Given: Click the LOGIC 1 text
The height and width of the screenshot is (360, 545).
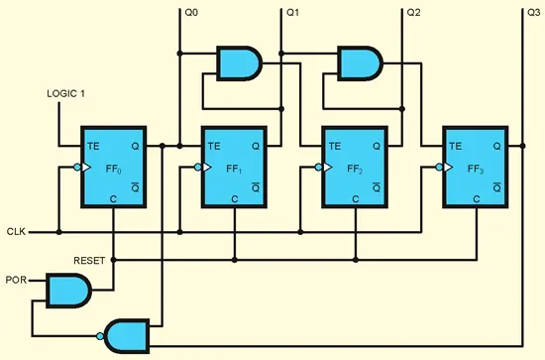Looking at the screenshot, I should coord(67,94).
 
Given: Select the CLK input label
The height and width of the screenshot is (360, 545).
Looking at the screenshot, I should coord(15,232).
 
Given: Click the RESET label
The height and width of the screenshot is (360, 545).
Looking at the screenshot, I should coord(90,260).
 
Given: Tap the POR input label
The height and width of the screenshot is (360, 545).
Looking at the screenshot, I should coord(16,281).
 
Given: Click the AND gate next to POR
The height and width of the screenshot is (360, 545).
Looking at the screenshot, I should coord(67,291).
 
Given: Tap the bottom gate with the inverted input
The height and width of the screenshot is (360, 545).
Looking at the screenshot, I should coord(128,334).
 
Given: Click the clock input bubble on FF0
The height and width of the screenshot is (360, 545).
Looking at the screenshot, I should coord(77,169).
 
